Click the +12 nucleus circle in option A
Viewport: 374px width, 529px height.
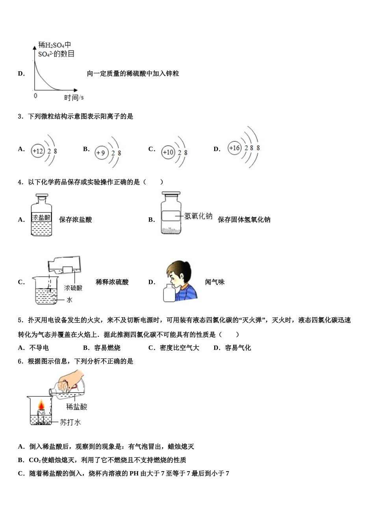pyautogui.click(x=38, y=151)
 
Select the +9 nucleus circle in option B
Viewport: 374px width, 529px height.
pyautogui.click(x=101, y=153)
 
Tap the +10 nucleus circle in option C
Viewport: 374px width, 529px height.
pyautogui.click(x=168, y=152)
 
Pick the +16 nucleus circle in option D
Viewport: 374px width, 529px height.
pyautogui.click(x=234, y=148)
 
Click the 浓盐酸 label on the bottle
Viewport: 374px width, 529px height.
pyautogui.click(x=41, y=217)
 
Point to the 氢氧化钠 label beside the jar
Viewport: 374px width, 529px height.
pyautogui.click(x=198, y=216)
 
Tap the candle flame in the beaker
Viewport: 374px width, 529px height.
pyautogui.click(x=41, y=405)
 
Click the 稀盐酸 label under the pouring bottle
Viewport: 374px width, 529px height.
pyautogui.click(x=76, y=407)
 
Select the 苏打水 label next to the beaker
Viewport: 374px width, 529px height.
pyautogui.click(x=70, y=422)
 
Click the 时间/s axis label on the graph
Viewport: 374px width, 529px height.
pyautogui.click(x=74, y=97)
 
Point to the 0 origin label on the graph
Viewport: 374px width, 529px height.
pyautogui.click(x=35, y=96)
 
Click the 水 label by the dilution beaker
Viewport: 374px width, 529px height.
pyautogui.click(x=70, y=300)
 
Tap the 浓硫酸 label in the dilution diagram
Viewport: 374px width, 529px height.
pyautogui.click(x=74, y=288)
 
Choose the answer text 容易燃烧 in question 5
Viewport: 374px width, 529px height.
pyautogui.click(x=107, y=348)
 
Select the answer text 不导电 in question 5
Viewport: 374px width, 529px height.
pyautogui.click(x=39, y=348)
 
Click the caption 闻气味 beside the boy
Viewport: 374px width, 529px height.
pyautogui.click(x=215, y=282)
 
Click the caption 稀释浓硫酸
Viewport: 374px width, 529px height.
pyautogui.click(x=112, y=282)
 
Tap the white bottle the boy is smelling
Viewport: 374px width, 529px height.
pyautogui.click(x=171, y=293)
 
